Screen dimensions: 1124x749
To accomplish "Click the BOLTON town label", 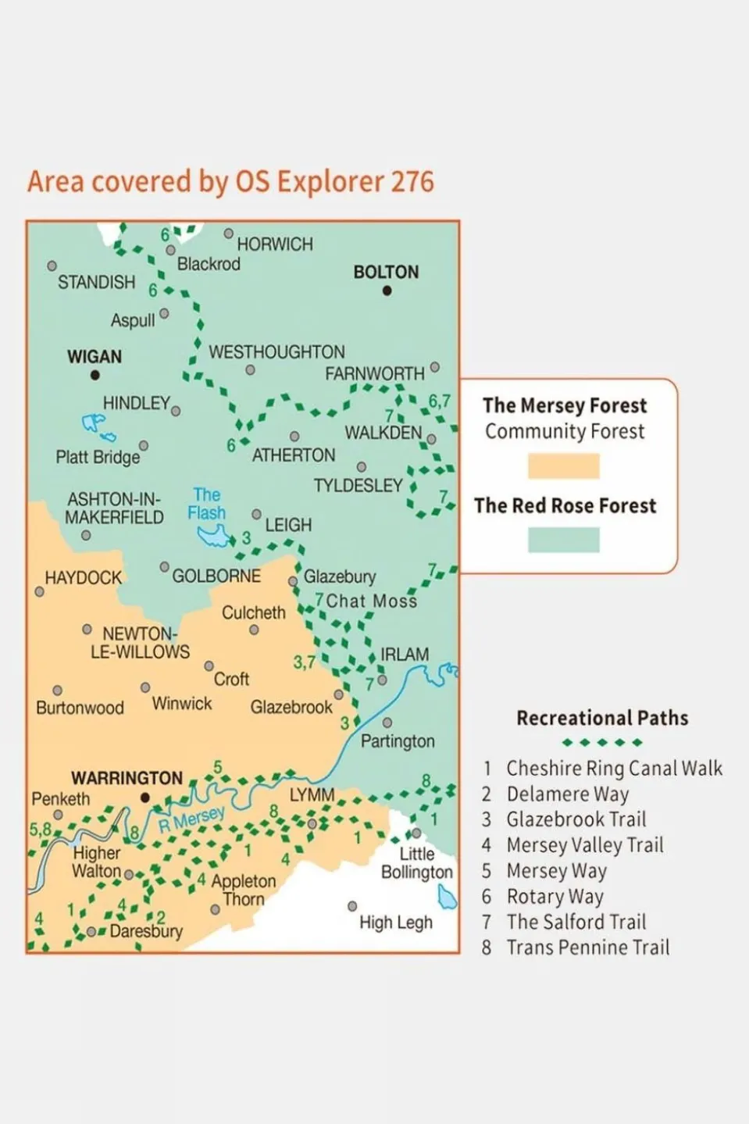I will [386, 272].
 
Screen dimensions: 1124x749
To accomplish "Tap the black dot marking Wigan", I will [95, 375].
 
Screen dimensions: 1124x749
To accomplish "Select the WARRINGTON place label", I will [127, 778].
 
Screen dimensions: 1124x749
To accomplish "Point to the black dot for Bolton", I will [387, 291].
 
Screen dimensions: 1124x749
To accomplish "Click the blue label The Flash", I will [206, 504].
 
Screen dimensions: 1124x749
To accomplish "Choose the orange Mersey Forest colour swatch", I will [563, 466].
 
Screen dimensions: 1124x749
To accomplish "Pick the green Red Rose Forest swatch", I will [563, 540].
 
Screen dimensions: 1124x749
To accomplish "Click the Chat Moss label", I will [371, 601].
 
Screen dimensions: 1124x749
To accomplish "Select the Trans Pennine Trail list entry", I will [587, 947].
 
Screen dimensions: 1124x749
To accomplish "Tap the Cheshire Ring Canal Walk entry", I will [614, 769].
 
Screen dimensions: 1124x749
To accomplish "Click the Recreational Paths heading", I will [602, 718].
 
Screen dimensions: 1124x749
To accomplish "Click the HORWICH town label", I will [275, 244].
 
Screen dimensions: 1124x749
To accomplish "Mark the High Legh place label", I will [395, 922].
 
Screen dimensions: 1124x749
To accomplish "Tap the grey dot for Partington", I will [387, 723].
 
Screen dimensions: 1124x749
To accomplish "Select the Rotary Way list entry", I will [555, 897].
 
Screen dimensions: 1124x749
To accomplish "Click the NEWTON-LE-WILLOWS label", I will [140, 642].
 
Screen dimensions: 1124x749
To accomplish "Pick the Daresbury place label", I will [146, 931].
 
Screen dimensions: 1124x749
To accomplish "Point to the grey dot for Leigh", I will [256, 514].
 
